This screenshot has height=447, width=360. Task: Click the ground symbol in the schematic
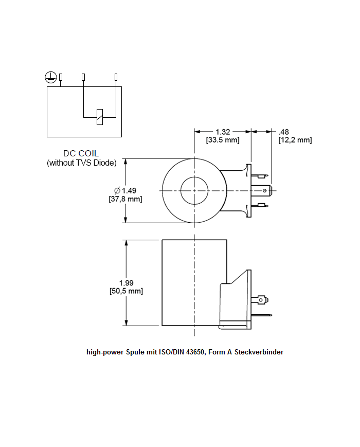coord(49,78)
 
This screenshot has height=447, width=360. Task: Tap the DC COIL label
coord(81,153)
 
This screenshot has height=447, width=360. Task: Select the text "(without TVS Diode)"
coord(81,163)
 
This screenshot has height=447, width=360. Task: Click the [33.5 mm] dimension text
coord(223,140)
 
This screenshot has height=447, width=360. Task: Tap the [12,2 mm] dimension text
coord(295,140)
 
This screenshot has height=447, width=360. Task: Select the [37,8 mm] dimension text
coord(125,199)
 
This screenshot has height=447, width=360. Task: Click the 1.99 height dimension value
coord(126,282)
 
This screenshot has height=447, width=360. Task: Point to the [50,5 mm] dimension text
coord(126,291)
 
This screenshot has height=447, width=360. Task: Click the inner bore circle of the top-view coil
coord(194,190)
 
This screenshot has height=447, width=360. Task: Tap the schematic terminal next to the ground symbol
coord(61,77)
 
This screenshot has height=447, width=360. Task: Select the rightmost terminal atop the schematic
coord(116,77)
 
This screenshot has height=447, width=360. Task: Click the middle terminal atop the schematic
coord(84,77)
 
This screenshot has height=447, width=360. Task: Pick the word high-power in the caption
coord(105,352)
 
